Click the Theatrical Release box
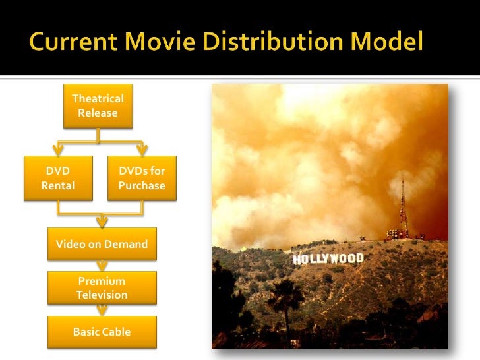coord(98,105)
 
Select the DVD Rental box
coord(58,178)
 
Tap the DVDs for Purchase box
coord(142,178)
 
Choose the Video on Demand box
coord(102,244)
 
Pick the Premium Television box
coord(102,288)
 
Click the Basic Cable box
coord(102,332)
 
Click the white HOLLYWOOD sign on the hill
coord(328,258)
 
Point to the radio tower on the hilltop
coord(402,208)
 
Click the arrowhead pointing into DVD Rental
coord(58,150)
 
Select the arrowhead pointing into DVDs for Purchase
coord(142,150)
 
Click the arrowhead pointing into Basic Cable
coord(102,312)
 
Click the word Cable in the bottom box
coord(116,332)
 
